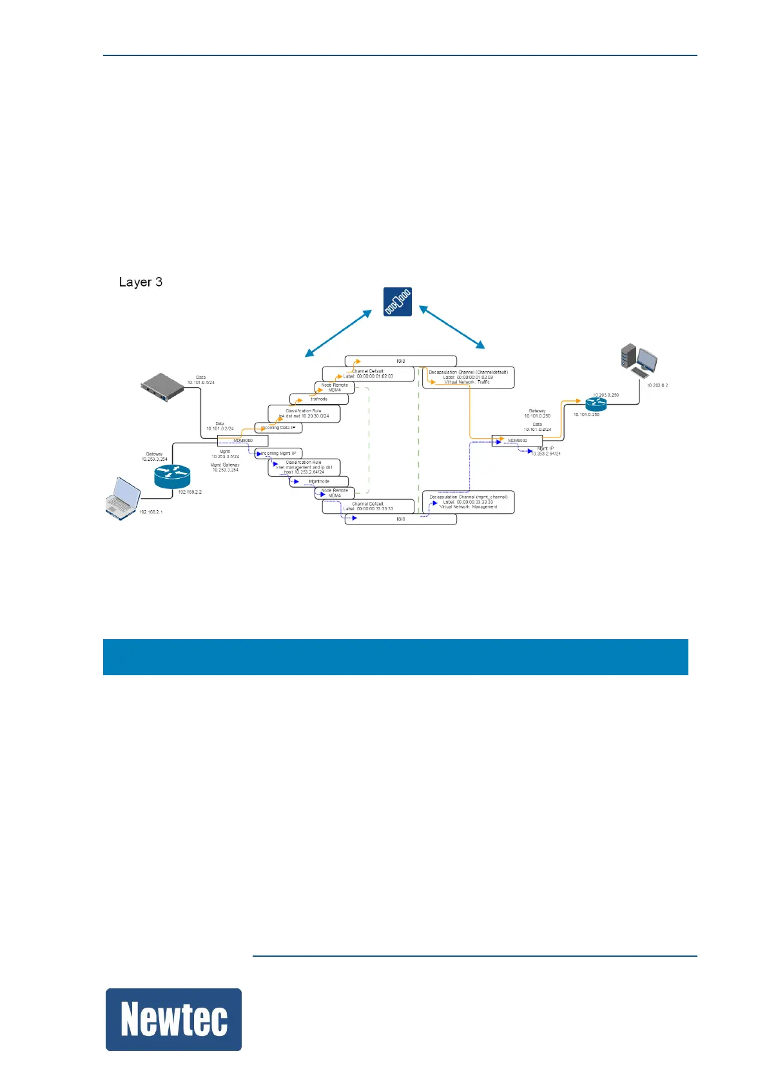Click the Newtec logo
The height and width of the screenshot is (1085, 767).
click(x=173, y=1019)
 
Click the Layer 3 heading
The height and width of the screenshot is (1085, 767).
click(x=141, y=282)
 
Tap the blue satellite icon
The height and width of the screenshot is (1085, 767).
click(x=398, y=302)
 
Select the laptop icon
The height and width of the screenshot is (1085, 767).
click(x=123, y=497)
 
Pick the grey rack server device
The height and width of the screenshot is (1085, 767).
click(x=162, y=387)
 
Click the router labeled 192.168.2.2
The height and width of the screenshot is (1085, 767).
click(x=172, y=476)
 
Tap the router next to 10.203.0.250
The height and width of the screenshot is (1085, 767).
click(x=596, y=404)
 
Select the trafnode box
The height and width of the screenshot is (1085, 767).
click(x=319, y=399)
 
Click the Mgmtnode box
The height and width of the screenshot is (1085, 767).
click(x=319, y=481)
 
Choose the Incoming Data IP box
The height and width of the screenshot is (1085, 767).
click(x=278, y=428)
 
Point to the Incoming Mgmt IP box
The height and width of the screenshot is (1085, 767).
click(x=278, y=454)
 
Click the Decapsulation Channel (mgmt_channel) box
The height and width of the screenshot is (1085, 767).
click(x=469, y=503)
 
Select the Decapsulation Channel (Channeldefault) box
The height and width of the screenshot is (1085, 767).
click(x=469, y=378)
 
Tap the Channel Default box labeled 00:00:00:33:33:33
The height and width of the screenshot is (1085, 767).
click(x=368, y=506)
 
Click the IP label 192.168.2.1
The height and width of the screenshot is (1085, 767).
click(x=151, y=512)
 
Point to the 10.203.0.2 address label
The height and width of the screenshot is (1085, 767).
click(x=657, y=385)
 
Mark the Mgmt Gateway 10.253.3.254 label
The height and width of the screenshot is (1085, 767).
click(x=225, y=467)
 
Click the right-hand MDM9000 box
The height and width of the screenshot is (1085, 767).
click(x=518, y=441)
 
